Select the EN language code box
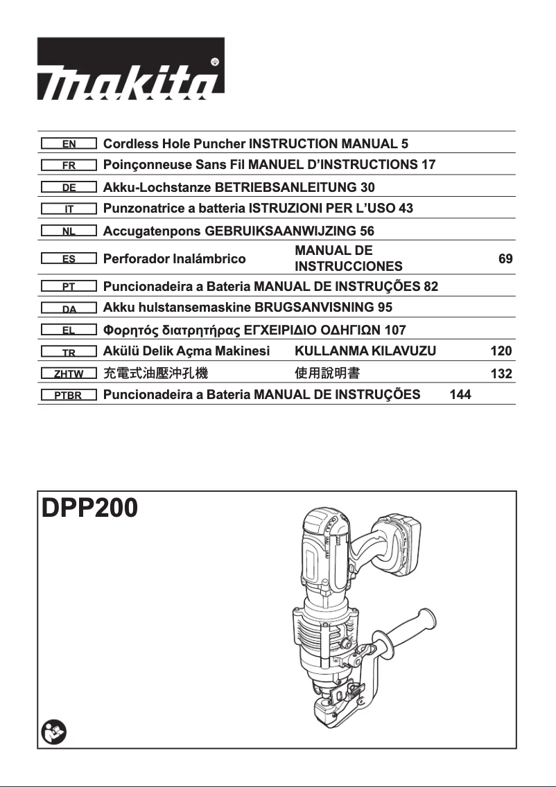tap(69, 145)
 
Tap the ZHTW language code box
tap(69, 374)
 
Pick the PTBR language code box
tap(69, 396)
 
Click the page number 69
tap(505, 259)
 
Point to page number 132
tap(501, 374)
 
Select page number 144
tap(460, 395)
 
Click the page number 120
tap(501, 351)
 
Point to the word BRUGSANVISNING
tap(315, 307)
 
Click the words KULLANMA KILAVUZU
tap(365, 351)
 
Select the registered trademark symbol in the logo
tap(214, 62)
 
